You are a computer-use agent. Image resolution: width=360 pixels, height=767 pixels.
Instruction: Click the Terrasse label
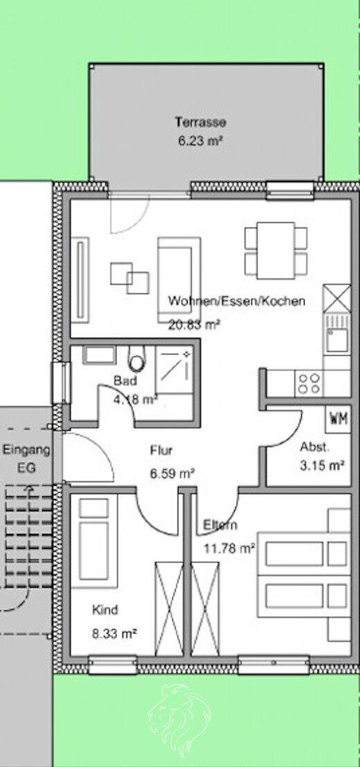coord(201,122)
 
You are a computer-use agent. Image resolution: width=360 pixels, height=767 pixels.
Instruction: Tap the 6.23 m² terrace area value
coord(201,141)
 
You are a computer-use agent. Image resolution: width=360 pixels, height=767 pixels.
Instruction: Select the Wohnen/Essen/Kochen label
coord(237,301)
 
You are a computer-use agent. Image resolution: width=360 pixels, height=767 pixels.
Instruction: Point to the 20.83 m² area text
coord(194,324)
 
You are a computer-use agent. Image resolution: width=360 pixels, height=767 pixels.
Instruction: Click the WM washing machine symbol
coord(338,419)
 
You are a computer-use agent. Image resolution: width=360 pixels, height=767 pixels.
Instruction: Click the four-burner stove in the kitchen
coord(309,383)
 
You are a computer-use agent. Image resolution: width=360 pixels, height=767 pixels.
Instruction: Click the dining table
coord(276,251)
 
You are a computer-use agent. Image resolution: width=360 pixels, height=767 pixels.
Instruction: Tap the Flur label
coord(161,451)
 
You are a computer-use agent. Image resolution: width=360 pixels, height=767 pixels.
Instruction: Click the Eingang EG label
coord(26,459)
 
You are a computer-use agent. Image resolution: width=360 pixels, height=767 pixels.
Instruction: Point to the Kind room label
coord(105,610)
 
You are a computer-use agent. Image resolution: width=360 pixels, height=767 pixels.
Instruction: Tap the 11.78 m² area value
coord(229,548)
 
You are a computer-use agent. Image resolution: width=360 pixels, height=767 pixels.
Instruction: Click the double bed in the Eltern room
coord(304,575)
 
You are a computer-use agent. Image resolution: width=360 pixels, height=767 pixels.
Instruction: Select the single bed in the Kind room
coord(94,541)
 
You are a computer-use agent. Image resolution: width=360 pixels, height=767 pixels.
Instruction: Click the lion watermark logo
coord(179,714)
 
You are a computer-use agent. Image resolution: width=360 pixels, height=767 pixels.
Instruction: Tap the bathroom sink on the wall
coord(99,355)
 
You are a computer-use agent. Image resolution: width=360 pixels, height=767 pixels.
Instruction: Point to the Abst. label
coord(315,446)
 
